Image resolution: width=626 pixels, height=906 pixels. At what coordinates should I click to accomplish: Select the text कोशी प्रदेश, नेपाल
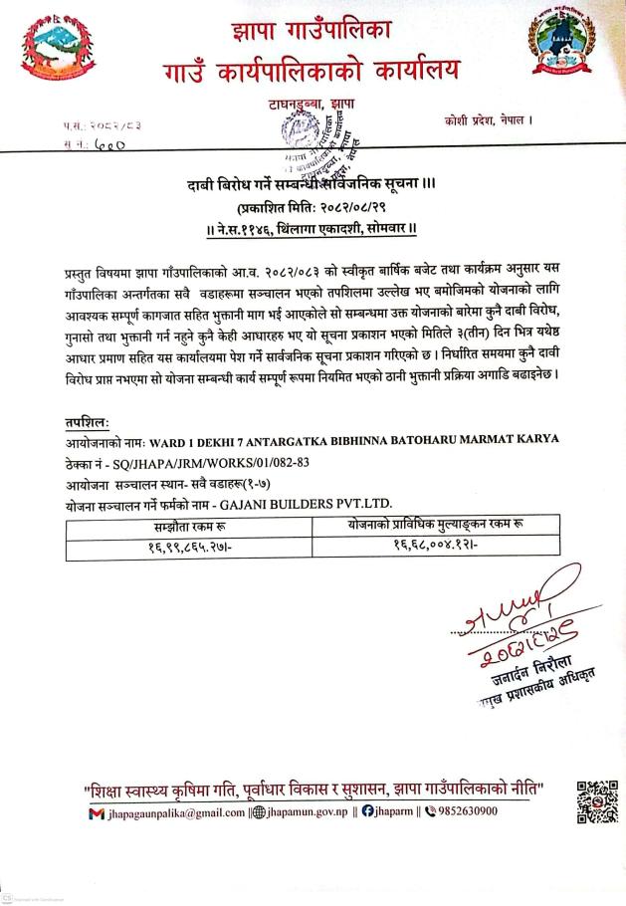pyautogui.click(x=490, y=121)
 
